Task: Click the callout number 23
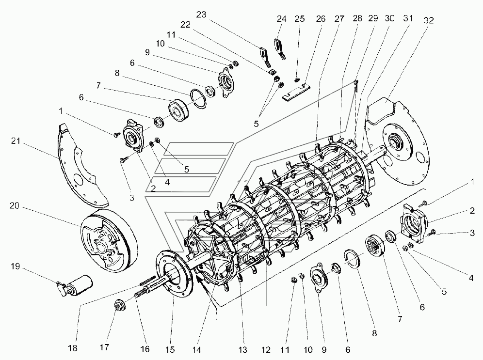point(201,15)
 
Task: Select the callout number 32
point(429,20)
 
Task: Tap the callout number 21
point(16,141)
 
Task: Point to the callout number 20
point(15,205)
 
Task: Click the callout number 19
point(15,266)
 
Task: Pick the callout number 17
point(104,347)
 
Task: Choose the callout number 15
point(170,349)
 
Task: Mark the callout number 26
point(321,19)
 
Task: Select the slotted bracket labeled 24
point(280,48)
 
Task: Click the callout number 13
point(243,349)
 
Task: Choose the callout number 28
point(357,18)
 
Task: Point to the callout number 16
point(145,349)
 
